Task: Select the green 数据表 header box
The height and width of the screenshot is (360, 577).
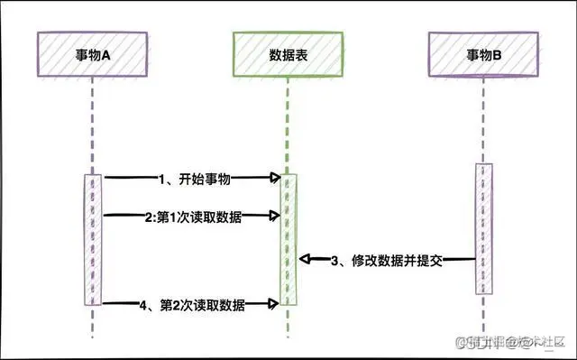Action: click(288, 55)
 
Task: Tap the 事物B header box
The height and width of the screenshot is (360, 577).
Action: click(485, 55)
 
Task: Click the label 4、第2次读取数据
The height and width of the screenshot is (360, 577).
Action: click(194, 305)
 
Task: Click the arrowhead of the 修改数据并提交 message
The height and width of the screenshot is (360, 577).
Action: click(305, 260)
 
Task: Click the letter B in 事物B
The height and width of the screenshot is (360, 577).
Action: click(501, 55)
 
